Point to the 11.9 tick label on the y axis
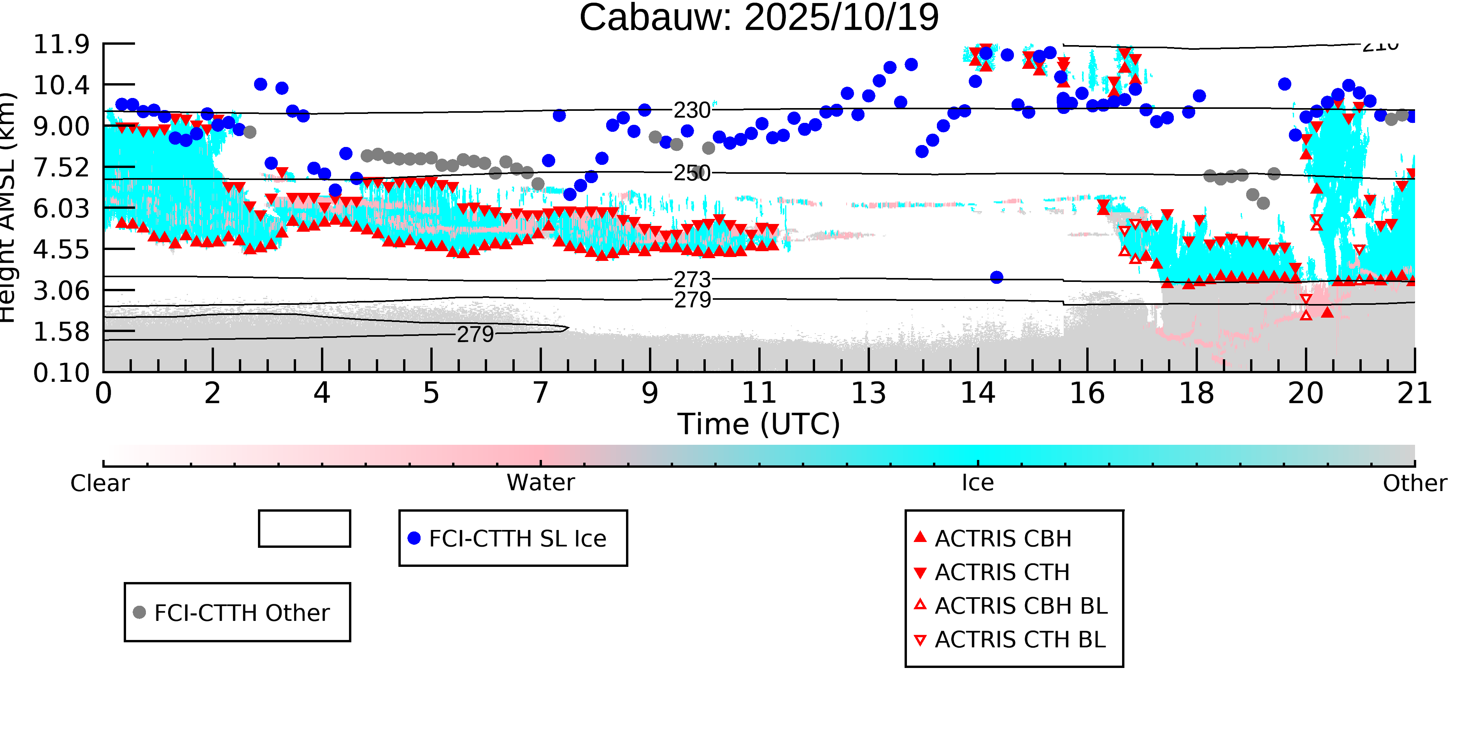coord(61,44)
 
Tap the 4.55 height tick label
coord(61,250)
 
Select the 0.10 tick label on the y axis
coord(61,372)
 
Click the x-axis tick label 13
coord(868,393)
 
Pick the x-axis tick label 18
coord(1196,393)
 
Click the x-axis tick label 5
coord(431,393)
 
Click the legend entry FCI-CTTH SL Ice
coord(517,538)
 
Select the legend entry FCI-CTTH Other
coord(241,612)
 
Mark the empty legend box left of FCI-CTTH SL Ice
coord(304,529)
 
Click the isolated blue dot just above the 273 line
coord(997,277)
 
